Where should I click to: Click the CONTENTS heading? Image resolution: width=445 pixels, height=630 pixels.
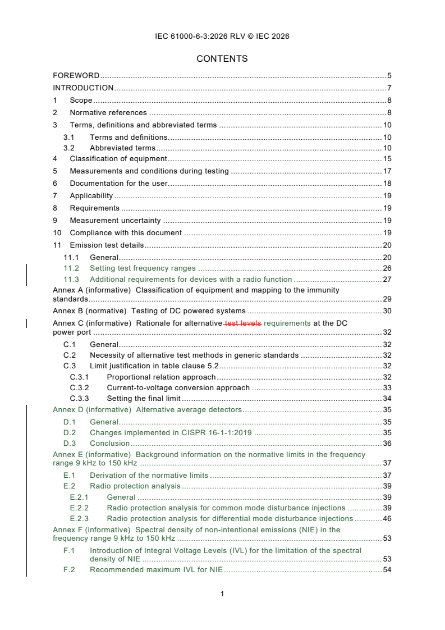(222, 58)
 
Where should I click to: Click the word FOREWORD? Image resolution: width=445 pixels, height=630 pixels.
(76, 75)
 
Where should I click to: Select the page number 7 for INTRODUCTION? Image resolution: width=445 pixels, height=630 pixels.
(389, 88)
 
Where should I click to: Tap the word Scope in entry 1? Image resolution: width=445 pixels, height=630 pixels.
(81, 101)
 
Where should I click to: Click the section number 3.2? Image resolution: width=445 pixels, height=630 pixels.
(69, 148)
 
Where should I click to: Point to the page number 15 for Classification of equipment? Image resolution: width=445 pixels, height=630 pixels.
(387, 159)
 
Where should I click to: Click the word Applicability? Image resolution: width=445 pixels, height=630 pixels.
(91, 196)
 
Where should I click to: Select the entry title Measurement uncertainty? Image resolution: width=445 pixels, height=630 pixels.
(115, 221)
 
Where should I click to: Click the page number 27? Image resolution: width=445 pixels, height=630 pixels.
(387, 279)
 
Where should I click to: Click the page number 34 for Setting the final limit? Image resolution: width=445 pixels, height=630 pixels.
(387, 399)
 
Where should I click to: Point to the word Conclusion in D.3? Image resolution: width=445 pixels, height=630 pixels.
(110, 443)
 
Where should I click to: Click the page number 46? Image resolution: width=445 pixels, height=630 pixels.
(387, 519)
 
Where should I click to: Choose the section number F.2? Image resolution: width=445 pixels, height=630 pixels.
(69, 570)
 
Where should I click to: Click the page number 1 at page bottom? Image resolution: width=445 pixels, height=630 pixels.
(222, 594)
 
